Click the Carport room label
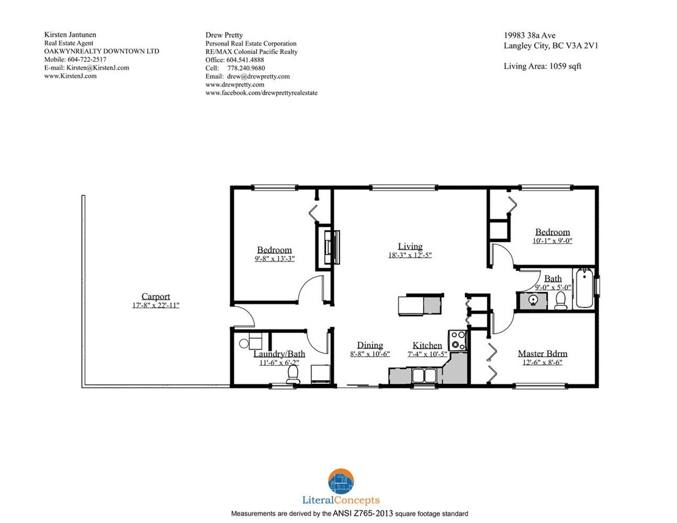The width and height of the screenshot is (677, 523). [155, 296]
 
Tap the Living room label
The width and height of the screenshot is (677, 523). [410, 246]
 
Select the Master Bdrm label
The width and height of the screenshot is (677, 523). [542, 353]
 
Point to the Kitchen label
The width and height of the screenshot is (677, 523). [427, 345]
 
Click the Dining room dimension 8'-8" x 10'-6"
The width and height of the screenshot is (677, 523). [370, 354]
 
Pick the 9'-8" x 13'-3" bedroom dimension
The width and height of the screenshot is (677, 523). [275, 259]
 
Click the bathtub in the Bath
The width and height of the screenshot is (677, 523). [584, 288]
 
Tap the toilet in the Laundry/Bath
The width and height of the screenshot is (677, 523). [293, 374]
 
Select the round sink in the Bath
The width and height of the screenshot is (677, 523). [534, 300]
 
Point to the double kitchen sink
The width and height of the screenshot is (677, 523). [424, 376]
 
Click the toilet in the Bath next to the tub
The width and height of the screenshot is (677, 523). [561, 301]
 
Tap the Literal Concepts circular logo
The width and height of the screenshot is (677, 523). [341, 481]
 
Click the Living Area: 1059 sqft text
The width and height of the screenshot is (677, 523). [542, 66]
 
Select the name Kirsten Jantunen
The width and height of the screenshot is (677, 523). [70, 34]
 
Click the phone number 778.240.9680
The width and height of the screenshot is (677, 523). [246, 68]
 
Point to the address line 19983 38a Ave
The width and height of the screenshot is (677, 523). [530, 35]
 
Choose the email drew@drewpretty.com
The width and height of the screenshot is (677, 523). [258, 76]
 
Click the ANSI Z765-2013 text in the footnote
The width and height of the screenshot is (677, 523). [363, 513]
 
